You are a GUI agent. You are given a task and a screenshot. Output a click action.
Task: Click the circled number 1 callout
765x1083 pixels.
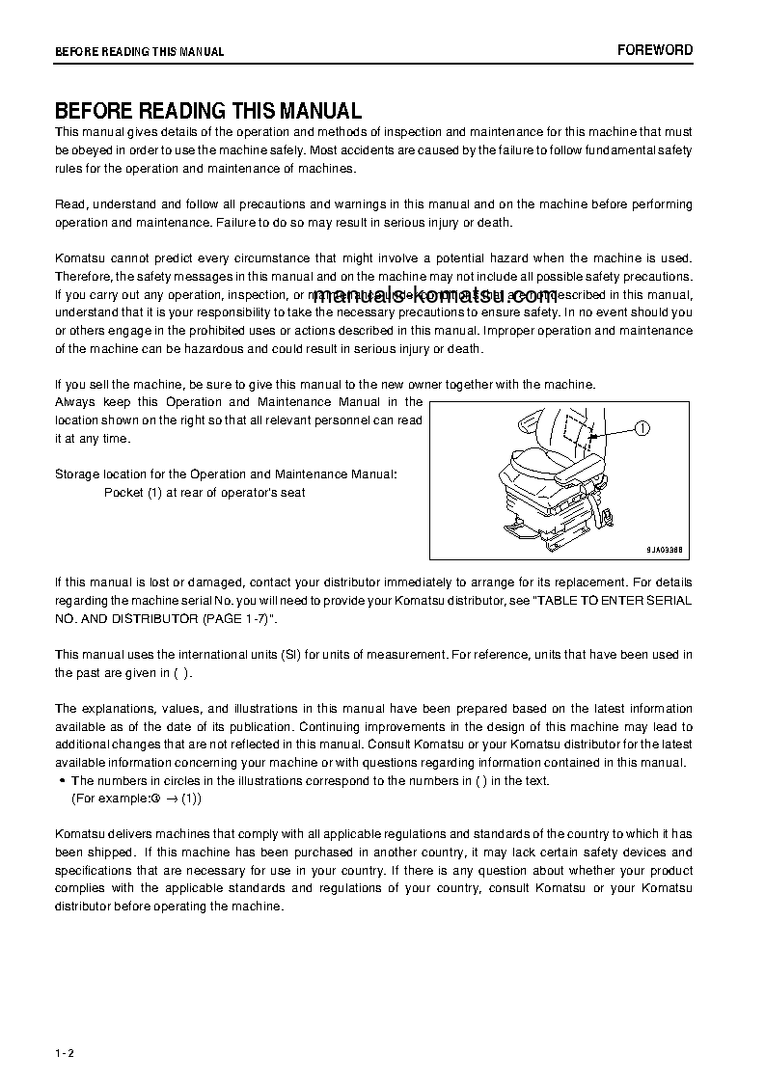click(643, 429)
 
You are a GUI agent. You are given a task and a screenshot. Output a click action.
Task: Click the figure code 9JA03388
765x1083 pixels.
click(664, 549)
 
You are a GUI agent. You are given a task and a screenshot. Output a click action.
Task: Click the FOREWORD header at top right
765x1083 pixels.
click(655, 50)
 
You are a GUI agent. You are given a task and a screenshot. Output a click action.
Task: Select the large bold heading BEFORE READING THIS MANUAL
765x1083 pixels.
click(207, 111)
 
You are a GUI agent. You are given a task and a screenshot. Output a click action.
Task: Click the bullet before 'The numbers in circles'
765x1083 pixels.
click(62, 781)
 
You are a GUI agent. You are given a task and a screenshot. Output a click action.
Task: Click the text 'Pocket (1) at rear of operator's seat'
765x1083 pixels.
click(205, 493)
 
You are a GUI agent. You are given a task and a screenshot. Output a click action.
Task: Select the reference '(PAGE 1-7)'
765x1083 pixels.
click(236, 618)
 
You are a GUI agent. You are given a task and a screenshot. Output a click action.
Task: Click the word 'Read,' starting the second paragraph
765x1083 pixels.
click(71, 204)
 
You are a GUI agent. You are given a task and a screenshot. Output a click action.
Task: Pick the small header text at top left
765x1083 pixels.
click(139, 52)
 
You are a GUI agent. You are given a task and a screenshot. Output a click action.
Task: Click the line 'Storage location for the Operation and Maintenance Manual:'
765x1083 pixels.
click(225, 474)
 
